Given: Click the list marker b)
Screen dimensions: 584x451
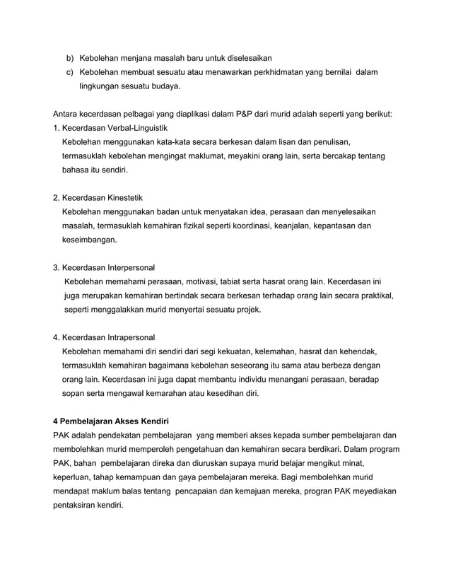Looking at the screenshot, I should pyautogui.click(x=70, y=57).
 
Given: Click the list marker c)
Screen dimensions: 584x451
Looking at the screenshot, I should pyautogui.click(x=70, y=72).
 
